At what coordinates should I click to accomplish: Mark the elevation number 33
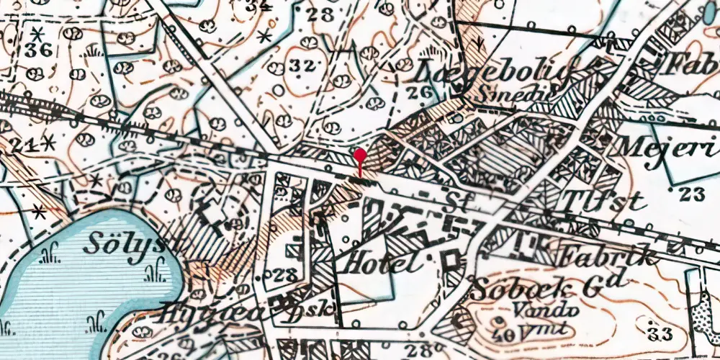click(x=659, y=333)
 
